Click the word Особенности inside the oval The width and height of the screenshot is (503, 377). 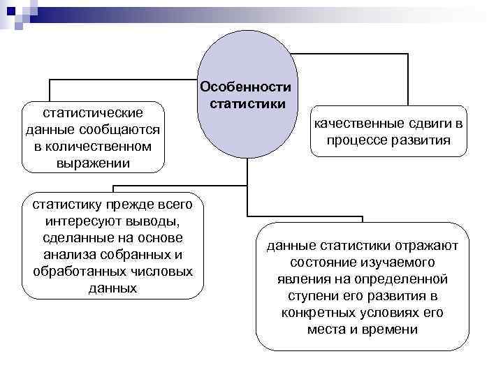click(245, 88)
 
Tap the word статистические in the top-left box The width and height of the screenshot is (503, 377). click(93, 112)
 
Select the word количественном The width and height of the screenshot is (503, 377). click(101, 147)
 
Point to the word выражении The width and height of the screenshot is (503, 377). click(93, 164)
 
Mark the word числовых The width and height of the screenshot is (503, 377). click(161, 271)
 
